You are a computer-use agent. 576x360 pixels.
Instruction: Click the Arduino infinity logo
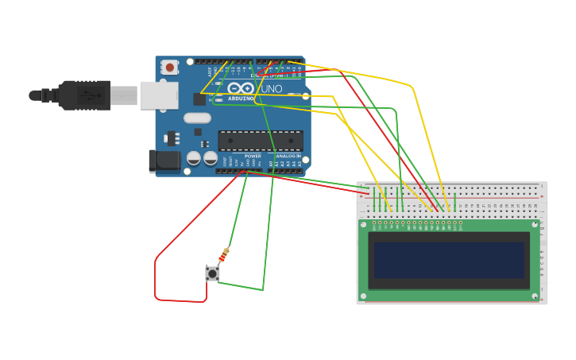point(241,88)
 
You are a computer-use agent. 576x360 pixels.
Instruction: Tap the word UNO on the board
point(271,89)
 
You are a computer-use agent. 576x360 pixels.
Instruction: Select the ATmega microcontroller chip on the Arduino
point(261,141)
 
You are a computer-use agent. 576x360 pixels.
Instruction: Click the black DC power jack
point(164,161)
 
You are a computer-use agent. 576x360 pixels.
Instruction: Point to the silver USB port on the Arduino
point(158,95)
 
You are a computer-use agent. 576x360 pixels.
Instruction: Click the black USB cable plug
point(83,95)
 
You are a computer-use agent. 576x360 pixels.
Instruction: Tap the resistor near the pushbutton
point(223,255)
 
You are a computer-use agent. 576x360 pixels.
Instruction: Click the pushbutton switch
point(212,273)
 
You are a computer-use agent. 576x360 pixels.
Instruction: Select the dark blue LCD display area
point(449,261)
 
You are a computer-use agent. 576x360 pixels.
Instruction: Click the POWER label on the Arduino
point(253,157)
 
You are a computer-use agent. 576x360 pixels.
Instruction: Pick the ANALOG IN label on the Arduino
point(288,157)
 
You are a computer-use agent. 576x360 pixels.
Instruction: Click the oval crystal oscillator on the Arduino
point(197,118)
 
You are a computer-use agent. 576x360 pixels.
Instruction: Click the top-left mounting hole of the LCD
point(363,224)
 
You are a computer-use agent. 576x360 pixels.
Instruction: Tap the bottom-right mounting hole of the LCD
point(535,296)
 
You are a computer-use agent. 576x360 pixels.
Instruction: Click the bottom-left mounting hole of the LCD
point(363,296)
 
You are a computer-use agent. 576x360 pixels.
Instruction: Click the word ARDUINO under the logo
point(241,99)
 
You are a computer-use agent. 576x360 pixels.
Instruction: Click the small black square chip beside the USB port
point(199,99)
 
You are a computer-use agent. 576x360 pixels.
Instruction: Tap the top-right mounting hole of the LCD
point(535,224)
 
